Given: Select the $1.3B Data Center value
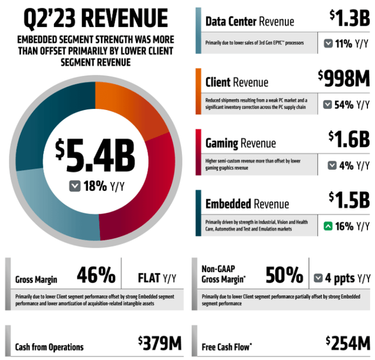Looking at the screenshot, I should (349, 19).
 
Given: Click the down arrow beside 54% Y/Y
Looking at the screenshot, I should (328, 105).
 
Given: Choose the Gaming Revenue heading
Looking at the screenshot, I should (240, 143).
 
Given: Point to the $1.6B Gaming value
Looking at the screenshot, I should (349, 139).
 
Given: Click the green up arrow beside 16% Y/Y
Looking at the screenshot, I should (328, 225).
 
